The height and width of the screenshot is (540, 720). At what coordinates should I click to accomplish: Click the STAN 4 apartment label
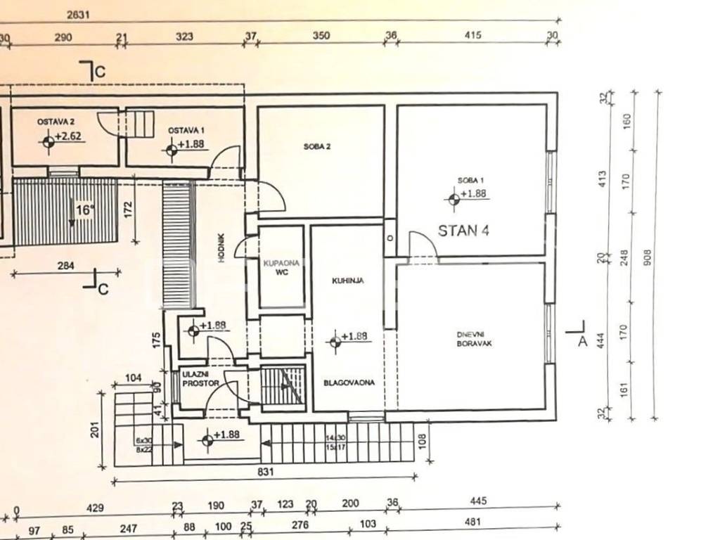[x=463, y=231]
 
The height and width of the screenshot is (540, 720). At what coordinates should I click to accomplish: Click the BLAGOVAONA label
[x=349, y=383]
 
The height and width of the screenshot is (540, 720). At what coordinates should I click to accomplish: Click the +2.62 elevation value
[x=70, y=137]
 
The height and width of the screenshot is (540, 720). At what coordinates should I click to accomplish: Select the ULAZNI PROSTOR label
[x=200, y=379]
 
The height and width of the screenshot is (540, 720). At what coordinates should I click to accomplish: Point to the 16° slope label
[x=84, y=210]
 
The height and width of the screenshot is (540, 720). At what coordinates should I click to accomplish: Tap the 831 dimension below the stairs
[x=264, y=472]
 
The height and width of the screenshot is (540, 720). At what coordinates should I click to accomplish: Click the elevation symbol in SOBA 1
[x=453, y=199]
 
